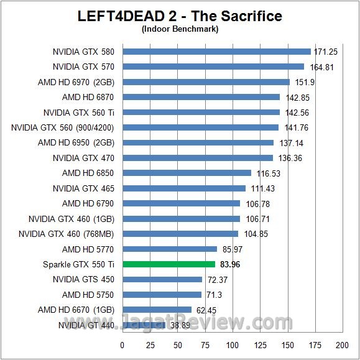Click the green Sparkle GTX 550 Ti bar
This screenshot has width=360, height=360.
coord(168,264)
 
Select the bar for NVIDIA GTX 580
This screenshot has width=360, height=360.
coord(216,52)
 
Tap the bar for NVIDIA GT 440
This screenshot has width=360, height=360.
coord(144,325)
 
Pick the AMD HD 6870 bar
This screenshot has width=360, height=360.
coord(201,97)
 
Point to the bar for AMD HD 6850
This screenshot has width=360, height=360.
coord(187,173)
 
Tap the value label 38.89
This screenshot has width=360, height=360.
coord(181,325)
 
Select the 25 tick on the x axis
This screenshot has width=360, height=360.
coord(150,345)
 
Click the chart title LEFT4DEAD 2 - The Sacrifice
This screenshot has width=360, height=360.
coord(180,16)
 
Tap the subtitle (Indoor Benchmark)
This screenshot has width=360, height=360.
coord(180,29)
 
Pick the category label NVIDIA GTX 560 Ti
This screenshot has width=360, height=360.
coord(79,113)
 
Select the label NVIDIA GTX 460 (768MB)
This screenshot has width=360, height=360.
coord(67,234)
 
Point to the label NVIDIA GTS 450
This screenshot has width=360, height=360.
coord(83,279)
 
